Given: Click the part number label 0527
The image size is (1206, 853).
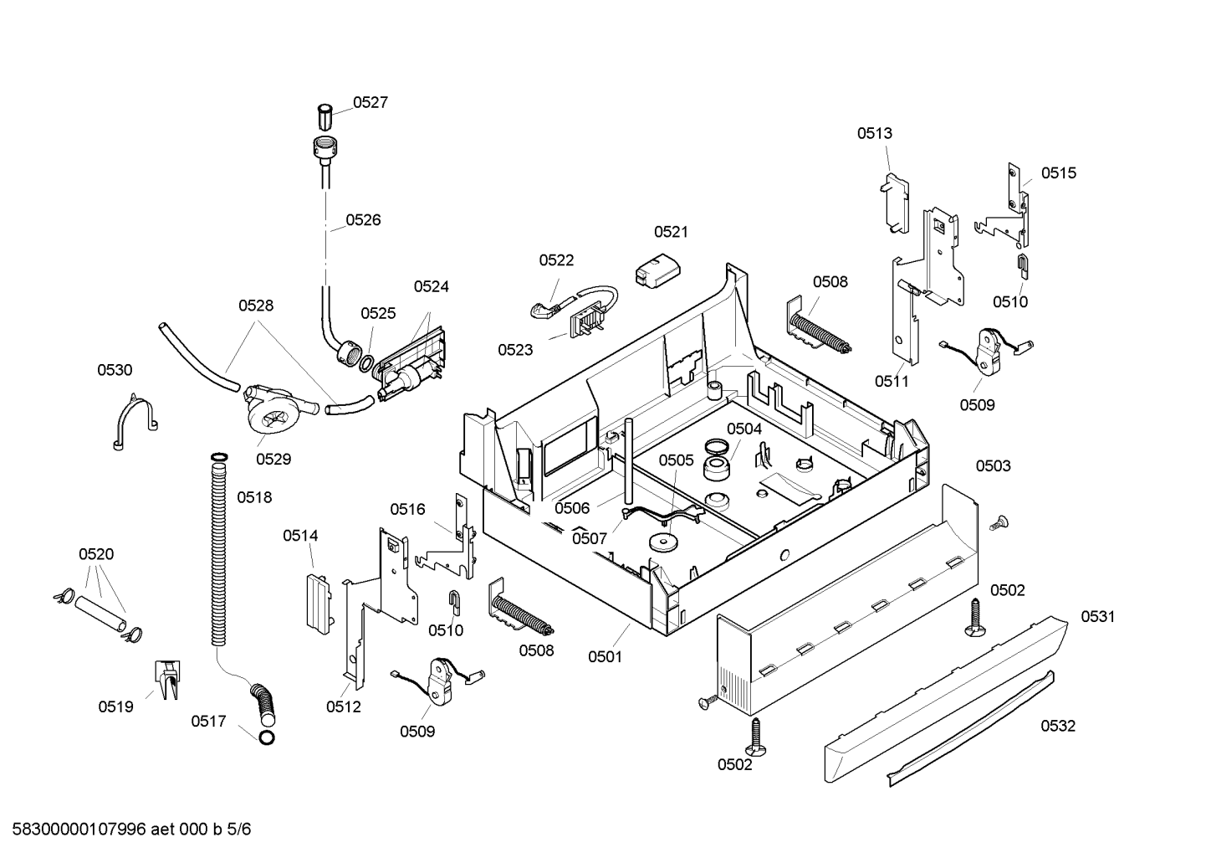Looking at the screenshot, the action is [x=370, y=102].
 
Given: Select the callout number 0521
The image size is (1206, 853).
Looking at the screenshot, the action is [x=671, y=232].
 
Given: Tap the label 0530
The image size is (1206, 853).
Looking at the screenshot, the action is [x=115, y=370].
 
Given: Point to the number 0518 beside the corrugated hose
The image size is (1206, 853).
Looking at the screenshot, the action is [x=254, y=497].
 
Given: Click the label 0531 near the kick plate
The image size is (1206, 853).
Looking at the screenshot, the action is [x=1098, y=616].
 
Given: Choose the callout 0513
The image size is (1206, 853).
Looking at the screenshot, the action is [x=875, y=133].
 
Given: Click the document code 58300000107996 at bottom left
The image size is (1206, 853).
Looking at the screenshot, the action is [x=79, y=830].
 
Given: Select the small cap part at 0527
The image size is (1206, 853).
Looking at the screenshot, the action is [x=324, y=117].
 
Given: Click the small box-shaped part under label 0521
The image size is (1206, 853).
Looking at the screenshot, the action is [x=657, y=272].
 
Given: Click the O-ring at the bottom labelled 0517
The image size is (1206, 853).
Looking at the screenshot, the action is [x=267, y=737].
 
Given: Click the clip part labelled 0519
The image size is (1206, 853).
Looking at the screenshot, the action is [x=168, y=680].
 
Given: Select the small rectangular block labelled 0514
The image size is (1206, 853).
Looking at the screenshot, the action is [x=319, y=603].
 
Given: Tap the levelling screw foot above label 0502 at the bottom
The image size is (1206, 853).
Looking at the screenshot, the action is [x=756, y=737].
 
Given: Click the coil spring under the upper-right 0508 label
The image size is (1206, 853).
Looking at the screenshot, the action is [x=819, y=331].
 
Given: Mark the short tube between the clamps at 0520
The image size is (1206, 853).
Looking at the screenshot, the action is [x=100, y=614].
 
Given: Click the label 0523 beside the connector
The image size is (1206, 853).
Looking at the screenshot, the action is [x=515, y=350].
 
